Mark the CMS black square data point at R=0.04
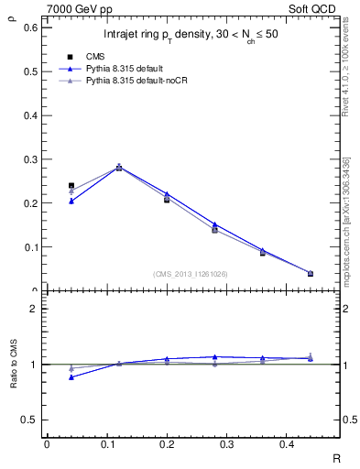pos(71,186)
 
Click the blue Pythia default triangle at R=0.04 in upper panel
pos(71,201)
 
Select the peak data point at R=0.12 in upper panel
pos(119,167)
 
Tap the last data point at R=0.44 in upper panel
pos(310,273)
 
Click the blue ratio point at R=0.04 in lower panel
pos(71,376)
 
